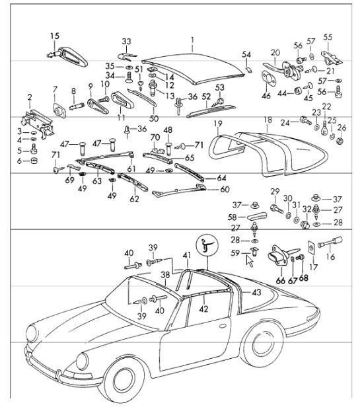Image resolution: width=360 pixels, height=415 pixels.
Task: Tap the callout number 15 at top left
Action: click(54, 35)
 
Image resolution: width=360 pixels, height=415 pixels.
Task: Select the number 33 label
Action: click(126, 41)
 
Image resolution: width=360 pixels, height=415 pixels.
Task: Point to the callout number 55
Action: click(328, 37)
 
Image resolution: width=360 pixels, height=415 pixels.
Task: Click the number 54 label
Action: click(246, 54)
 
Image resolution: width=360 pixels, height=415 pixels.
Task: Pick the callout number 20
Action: click(275, 53)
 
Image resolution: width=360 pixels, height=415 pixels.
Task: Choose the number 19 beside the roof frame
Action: click(217, 124)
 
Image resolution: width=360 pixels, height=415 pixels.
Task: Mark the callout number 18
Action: click(268, 120)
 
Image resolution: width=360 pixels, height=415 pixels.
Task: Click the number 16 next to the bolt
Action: click(331, 257)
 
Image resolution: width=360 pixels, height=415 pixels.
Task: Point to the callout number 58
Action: click(232, 216)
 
